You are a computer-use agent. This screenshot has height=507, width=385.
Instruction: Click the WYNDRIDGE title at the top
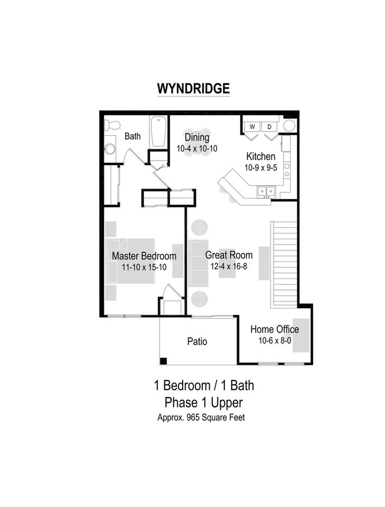click(193, 88)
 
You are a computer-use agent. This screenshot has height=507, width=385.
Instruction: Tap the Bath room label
click(133, 136)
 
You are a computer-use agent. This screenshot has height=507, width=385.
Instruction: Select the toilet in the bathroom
click(111, 126)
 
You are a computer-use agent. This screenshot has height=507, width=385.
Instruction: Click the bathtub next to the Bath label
click(158, 132)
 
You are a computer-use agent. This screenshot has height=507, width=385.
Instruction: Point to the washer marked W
click(252, 127)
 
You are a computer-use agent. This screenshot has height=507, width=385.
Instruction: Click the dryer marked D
click(268, 127)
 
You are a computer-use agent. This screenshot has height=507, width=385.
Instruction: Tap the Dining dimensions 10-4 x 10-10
click(196, 149)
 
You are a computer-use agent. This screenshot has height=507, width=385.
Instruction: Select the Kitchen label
click(260, 156)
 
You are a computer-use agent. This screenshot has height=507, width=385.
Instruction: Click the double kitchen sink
click(266, 191)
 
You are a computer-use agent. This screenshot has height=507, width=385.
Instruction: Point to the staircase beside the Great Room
click(284, 264)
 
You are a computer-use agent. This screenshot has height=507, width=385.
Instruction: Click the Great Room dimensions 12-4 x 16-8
click(229, 266)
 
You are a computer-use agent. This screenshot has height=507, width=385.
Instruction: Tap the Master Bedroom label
click(144, 256)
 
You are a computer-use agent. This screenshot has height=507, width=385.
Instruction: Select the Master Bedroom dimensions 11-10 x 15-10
click(144, 267)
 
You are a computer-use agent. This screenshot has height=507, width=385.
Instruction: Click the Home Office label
click(275, 330)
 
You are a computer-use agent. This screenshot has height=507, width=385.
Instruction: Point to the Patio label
click(197, 342)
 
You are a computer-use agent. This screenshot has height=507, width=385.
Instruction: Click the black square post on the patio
click(164, 361)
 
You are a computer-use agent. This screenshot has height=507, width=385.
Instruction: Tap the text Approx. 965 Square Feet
click(201, 417)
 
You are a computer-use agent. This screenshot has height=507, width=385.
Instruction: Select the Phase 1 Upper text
click(203, 402)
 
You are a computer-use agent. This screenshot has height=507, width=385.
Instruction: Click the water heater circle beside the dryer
click(289, 126)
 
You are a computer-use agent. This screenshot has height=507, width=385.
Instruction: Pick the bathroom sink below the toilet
click(110, 148)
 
